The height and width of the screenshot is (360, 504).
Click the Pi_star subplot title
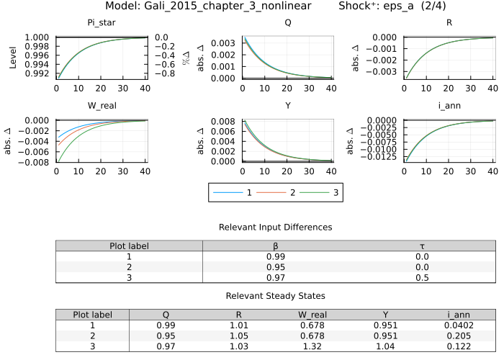coord(102,22)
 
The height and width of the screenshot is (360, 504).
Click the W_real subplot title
coord(102,106)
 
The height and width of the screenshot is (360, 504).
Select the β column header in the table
coord(276,246)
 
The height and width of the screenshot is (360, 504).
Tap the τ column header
coord(423,246)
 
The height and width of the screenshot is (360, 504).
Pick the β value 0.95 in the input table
coord(276,266)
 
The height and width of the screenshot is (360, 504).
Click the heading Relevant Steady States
coord(276,296)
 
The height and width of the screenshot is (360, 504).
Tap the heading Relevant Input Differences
coord(276,227)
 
